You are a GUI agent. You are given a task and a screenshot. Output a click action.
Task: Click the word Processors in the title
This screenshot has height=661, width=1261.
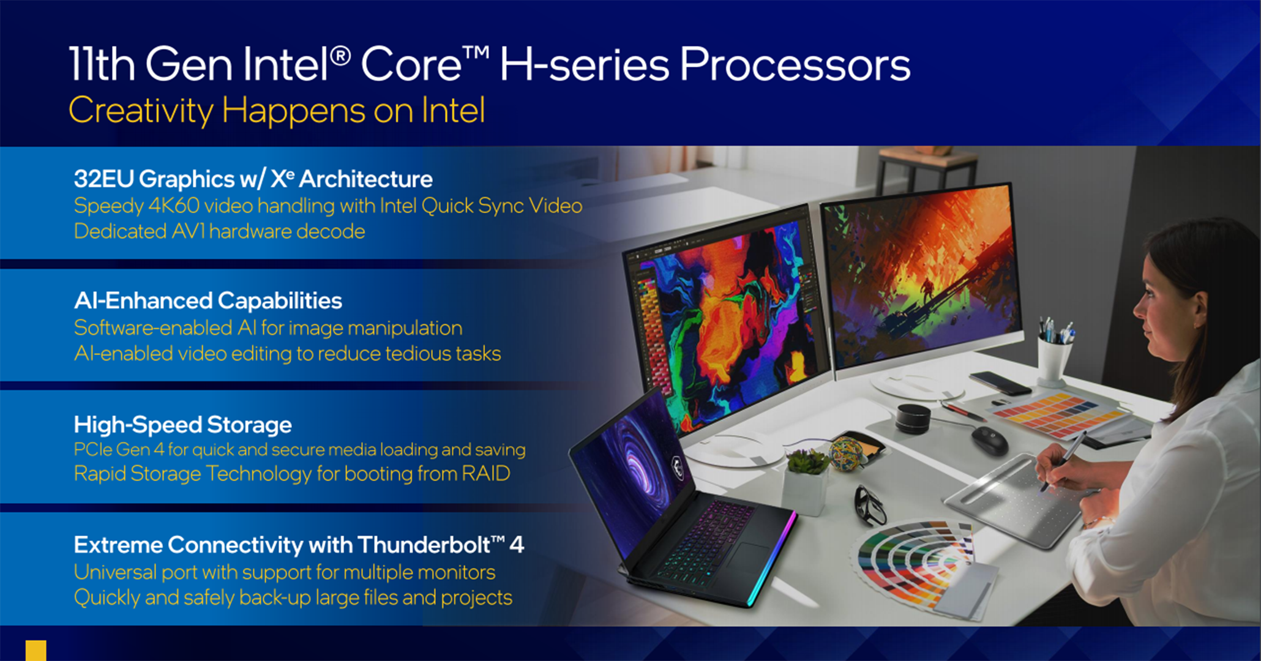coord(795,65)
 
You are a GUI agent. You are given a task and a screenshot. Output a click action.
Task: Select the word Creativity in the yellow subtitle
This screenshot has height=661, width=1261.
coord(141,111)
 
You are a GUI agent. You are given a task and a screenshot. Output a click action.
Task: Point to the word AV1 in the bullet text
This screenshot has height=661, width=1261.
coord(188,231)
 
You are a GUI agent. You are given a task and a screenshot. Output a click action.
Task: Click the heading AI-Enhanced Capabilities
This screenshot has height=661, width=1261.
coord(208,301)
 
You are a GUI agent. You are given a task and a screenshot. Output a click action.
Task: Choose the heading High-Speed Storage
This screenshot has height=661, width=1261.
coord(183,424)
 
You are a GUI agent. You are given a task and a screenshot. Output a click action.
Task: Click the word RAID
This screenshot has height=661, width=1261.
coord(485,474)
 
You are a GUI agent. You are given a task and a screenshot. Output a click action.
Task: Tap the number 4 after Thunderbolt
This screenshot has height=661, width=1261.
coord(517,545)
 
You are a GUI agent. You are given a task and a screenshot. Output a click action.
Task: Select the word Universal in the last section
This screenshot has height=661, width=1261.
coord(114,572)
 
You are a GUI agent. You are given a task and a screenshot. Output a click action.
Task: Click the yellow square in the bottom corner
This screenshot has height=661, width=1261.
coord(36,651)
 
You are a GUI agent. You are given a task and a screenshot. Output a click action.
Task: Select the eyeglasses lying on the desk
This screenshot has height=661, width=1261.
coord(869,506)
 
